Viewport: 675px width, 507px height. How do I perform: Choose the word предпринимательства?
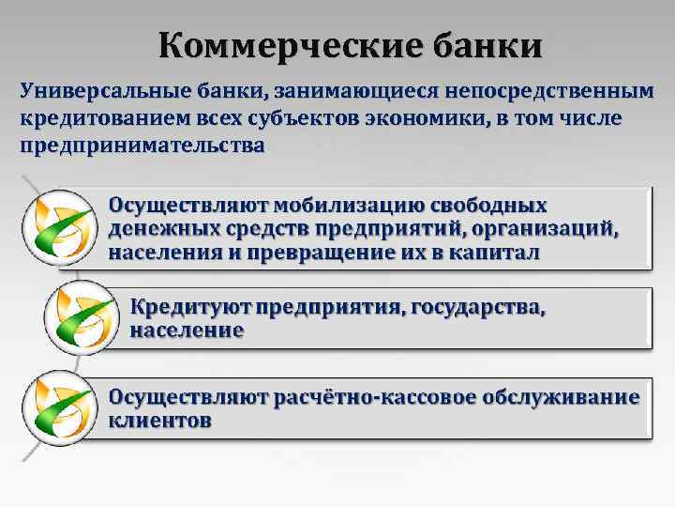point(142,146)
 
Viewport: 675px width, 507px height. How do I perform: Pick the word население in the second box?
point(187,330)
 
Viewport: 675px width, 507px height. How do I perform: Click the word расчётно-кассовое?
point(376,396)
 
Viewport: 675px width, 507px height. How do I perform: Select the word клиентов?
point(160,421)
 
